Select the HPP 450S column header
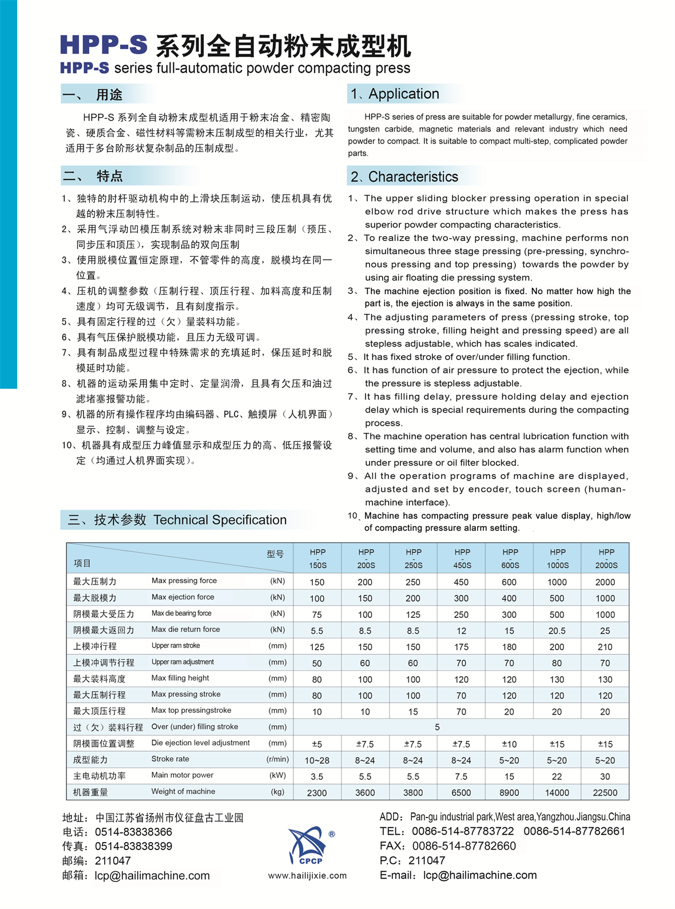point(462,558)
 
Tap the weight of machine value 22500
point(605,792)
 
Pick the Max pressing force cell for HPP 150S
point(317,582)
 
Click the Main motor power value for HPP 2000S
point(605,776)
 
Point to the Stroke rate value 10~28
point(317,760)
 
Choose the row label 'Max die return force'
point(185,629)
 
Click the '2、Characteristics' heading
point(404,177)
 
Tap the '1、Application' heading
point(395,94)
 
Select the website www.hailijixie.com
point(307,875)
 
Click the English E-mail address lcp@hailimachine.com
point(480,875)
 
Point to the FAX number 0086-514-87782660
point(464,846)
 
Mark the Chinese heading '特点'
point(109,176)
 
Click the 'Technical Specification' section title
point(220,519)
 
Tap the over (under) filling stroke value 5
point(437,727)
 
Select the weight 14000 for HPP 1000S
point(557,792)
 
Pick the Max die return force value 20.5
point(557,630)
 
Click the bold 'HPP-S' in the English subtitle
point(84,68)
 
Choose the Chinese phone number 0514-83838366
point(133,832)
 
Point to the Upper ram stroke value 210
point(605,647)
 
